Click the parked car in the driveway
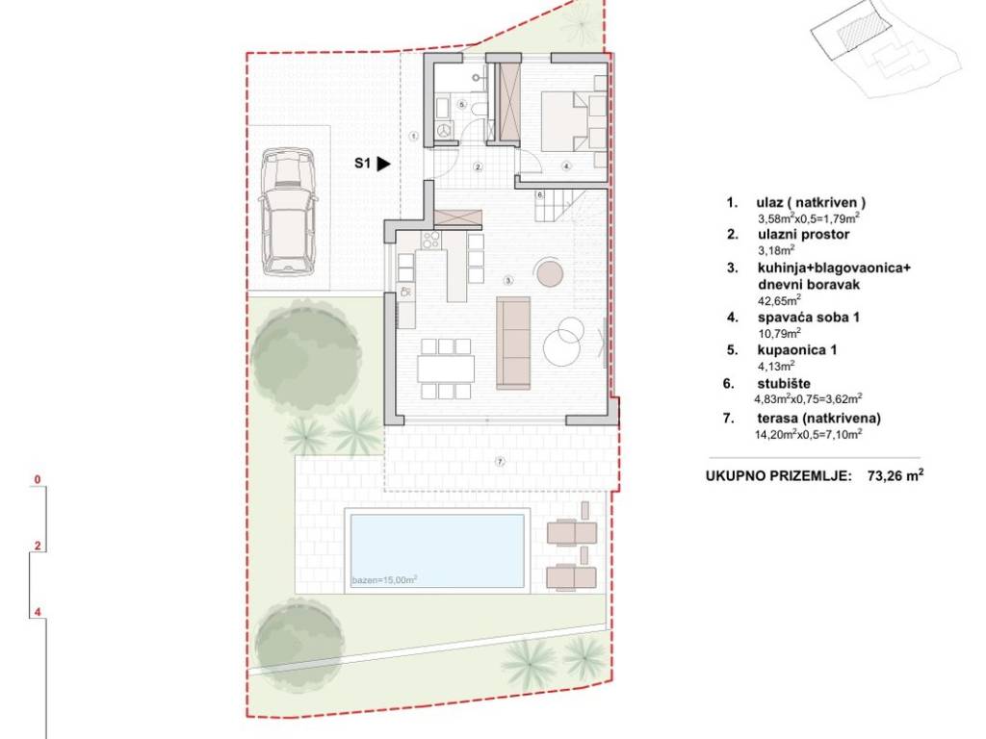point(287,212)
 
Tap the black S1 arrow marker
point(383,164)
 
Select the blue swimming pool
point(437,551)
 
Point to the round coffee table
point(549,271)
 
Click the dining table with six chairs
point(446,369)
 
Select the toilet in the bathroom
point(478,109)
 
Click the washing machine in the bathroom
point(444,130)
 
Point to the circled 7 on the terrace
point(500,462)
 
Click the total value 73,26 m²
point(895,475)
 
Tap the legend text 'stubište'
point(784,383)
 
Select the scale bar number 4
point(38,611)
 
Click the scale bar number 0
point(38,480)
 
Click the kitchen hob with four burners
point(431,240)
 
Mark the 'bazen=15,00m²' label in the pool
point(384,580)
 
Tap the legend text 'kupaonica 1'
point(797,350)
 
